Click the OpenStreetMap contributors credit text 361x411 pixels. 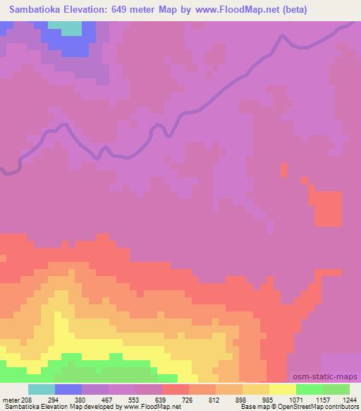[x=317, y=407]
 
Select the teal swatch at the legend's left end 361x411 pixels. [x=41, y=389]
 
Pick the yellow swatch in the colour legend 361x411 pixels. [x=283, y=389]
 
